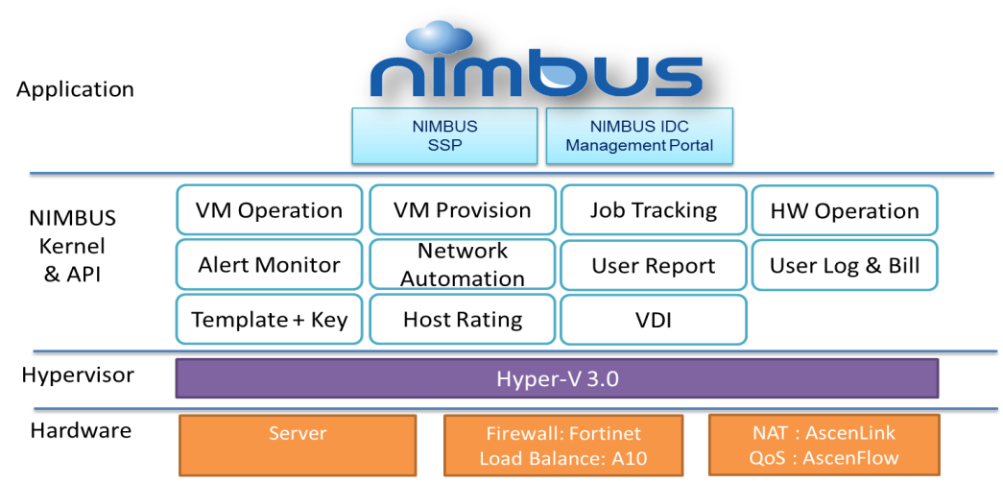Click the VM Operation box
269,210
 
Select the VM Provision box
462,210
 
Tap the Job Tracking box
653,210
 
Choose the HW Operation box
844,210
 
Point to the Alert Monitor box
269,265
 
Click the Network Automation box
462,265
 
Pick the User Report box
653,265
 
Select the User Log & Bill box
844,265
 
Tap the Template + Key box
269,320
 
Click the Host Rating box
462,320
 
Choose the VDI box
653,320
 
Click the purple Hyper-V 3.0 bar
557,379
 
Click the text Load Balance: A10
563,458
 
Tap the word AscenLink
850,434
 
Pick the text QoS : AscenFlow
824,458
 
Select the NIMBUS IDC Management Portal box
640,136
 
